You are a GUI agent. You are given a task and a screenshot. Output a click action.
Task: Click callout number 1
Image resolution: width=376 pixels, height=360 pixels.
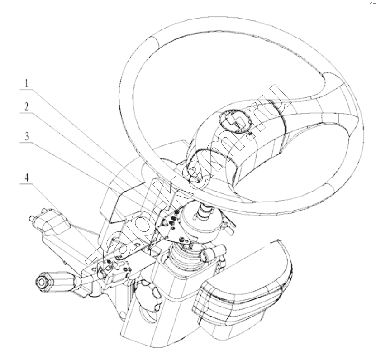27,83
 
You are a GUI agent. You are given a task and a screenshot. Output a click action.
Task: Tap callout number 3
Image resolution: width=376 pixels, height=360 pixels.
27,136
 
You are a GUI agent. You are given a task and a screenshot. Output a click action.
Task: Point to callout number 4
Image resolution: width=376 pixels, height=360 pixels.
27,178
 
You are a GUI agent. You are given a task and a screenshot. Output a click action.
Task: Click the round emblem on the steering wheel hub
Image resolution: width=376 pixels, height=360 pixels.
234,121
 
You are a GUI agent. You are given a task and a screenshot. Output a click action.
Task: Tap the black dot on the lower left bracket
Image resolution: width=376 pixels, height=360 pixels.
109,261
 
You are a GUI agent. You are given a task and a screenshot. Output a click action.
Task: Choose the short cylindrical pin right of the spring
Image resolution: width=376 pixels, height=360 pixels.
210,253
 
